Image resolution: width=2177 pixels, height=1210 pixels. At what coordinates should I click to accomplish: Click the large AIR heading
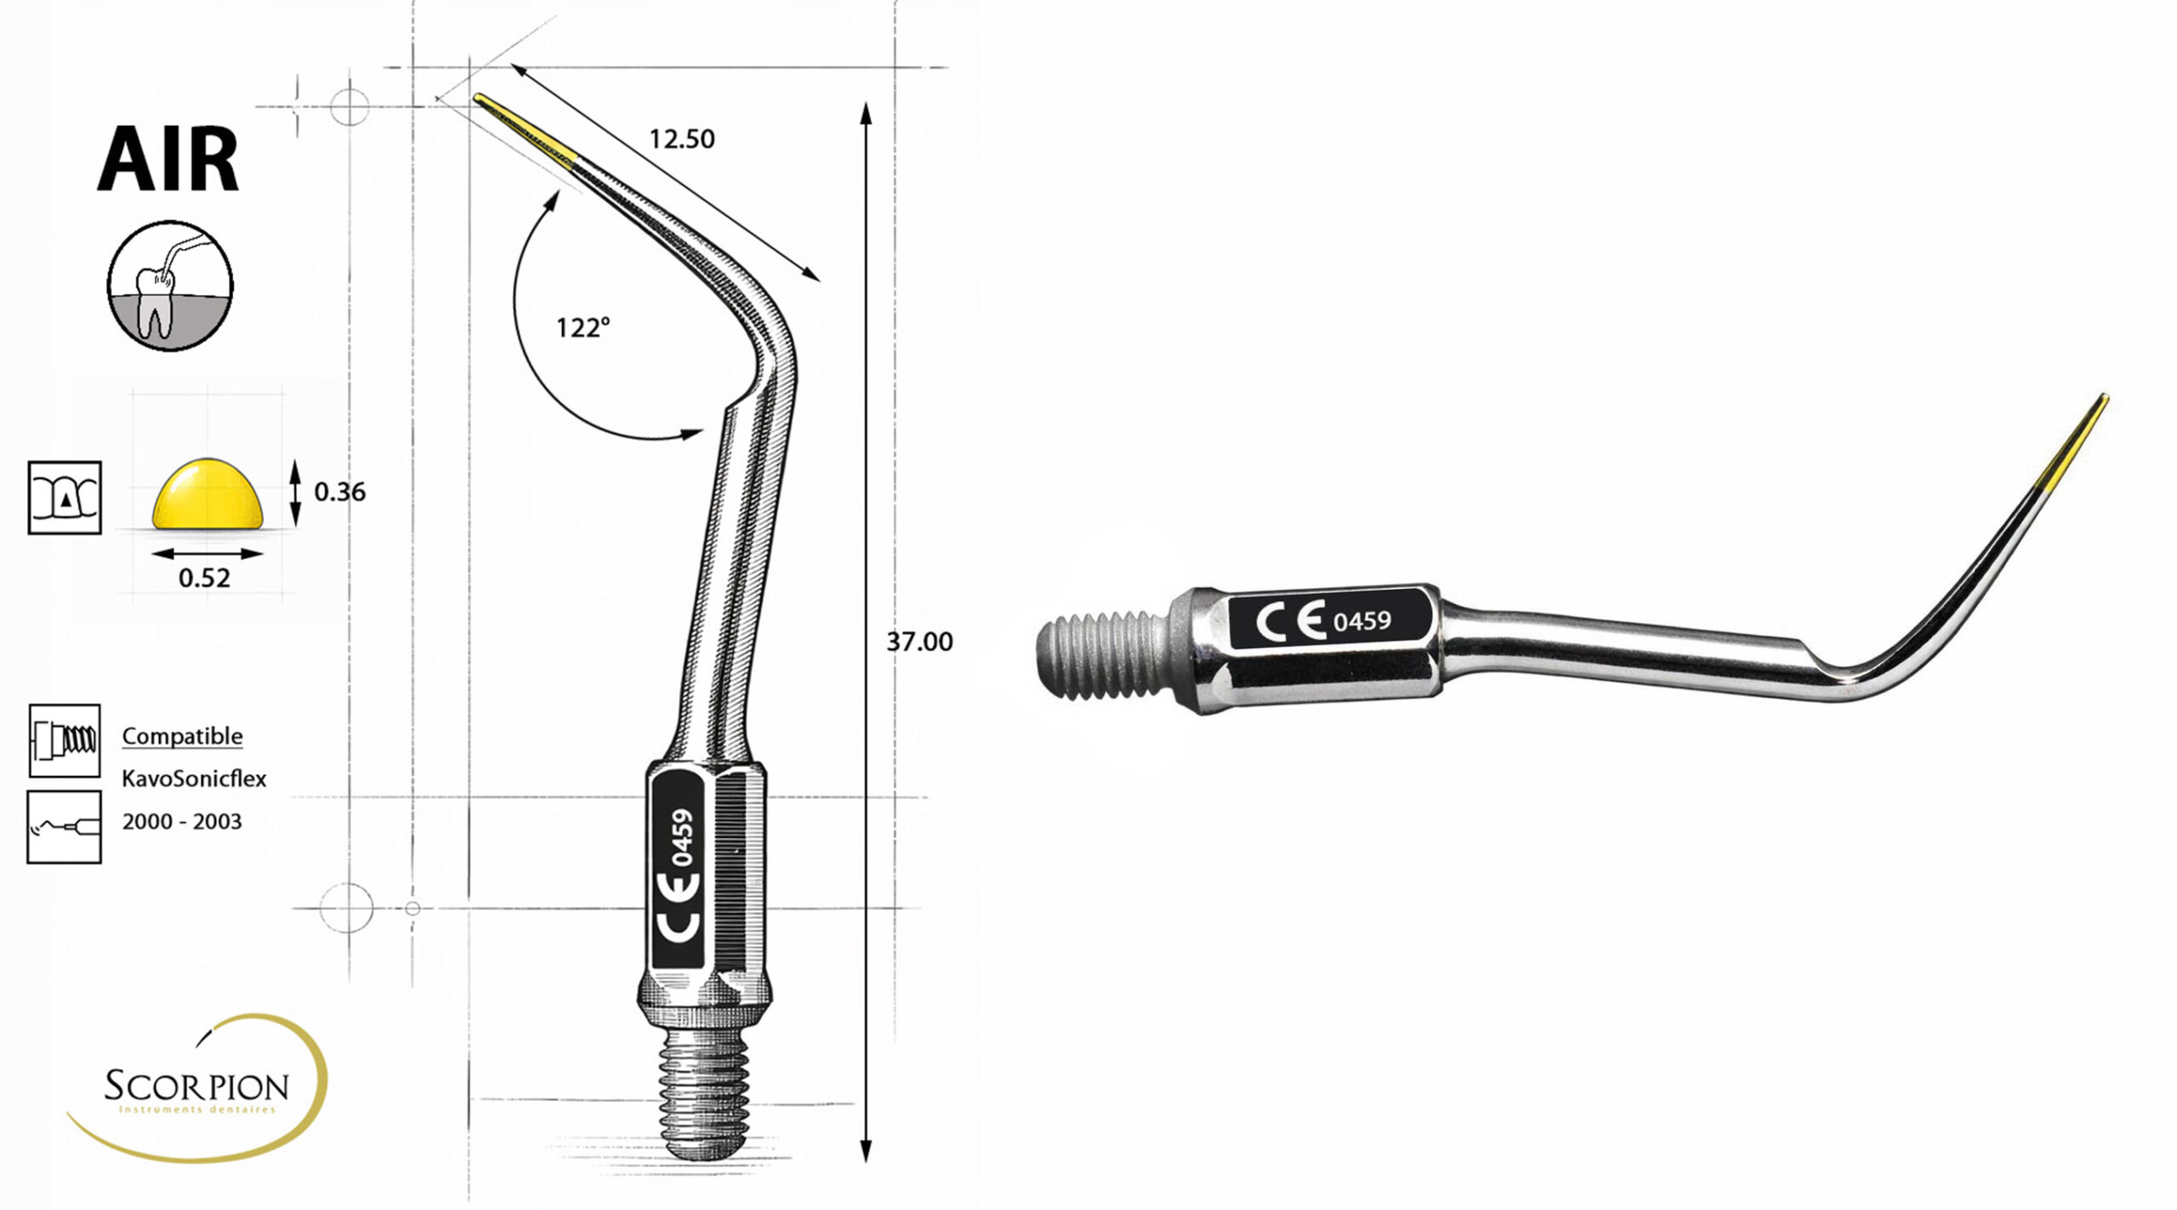point(168,159)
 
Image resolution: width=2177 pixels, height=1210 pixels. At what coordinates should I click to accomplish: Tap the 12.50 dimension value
point(682,139)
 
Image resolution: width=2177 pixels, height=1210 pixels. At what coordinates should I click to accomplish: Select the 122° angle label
point(583,327)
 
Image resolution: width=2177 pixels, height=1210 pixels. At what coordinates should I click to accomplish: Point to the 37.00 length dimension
point(919,642)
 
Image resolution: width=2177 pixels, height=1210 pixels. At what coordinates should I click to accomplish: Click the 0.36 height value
point(339,492)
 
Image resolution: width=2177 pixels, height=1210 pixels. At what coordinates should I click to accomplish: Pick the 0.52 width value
point(204,579)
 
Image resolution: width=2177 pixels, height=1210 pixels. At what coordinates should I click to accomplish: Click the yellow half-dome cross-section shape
point(207,494)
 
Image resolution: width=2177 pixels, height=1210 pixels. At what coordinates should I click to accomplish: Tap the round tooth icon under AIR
point(170,286)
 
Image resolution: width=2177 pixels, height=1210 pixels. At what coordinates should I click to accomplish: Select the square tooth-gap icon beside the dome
point(65,498)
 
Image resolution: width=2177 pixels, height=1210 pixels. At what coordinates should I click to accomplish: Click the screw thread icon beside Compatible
point(65,740)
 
